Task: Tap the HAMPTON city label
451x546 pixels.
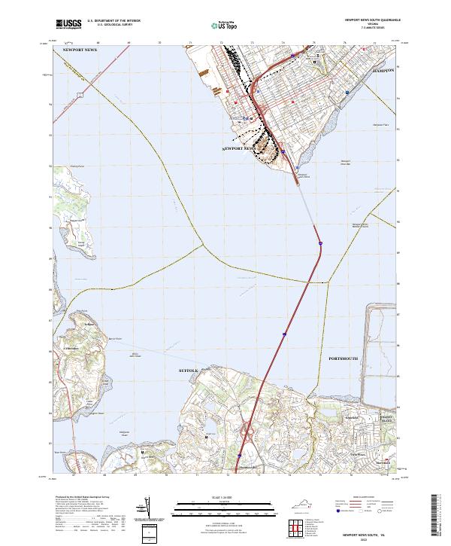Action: point(384,69)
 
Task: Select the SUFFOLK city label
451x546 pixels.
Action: point(189,371)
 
